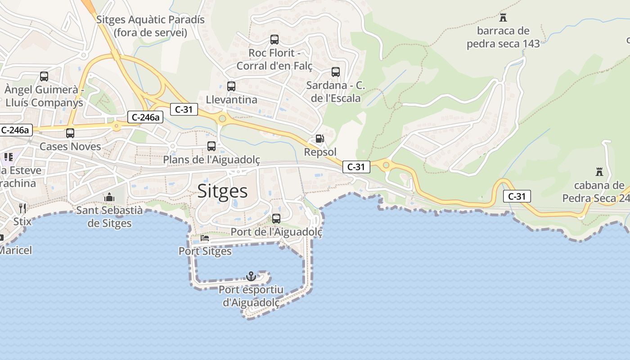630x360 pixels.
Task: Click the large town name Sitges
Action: [223, 191]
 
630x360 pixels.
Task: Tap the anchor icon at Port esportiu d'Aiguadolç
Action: [251, 276]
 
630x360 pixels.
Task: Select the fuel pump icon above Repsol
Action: [319, 139]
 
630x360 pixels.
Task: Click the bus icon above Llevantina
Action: [231, 86]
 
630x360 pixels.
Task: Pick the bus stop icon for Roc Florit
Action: [274, 39]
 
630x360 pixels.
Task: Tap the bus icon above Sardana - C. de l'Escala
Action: [336, 72]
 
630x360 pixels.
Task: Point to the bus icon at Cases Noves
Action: [70, 133]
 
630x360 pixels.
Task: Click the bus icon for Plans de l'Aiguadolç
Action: [211, 146]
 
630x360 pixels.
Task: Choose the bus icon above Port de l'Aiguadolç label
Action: [276, 218]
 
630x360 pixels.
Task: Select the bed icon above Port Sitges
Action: [205, 238]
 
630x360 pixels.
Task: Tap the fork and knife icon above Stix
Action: [22, 208]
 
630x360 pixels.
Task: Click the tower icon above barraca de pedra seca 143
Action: [503, 18]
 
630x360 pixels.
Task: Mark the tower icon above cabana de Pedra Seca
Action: [599, 171]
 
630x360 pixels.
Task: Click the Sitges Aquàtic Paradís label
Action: [150, 26]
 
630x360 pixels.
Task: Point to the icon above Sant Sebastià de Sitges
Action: [109, 197]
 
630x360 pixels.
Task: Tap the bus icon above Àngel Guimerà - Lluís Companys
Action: [44, 76]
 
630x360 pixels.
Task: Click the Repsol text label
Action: [320, 152]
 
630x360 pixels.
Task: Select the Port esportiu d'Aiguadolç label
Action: [251, 296]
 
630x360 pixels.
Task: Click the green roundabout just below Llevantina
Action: [222, 119]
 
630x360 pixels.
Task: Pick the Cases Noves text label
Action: [70, 146]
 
